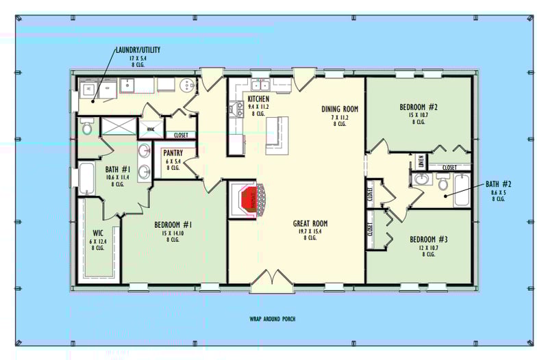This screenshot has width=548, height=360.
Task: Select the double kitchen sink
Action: pyautogui.click(x=260, y=86)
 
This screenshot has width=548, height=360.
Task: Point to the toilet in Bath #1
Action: pyautogui.click(x=86, y=127)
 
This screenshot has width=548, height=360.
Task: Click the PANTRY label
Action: pyautogui.click(x=172, y=153)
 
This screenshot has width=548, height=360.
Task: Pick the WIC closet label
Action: pyautogui.click(x=96, y=242)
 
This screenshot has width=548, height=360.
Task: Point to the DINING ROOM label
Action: pyautogui.click(x=340, y=109)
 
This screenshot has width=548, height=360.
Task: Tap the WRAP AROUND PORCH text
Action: pyautogui.click(x=273, y=320)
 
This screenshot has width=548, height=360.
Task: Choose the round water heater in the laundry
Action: pyautogui.click(x=186, y=85)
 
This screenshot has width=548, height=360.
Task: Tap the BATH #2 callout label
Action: pyautogui.click(x=493, y=185)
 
